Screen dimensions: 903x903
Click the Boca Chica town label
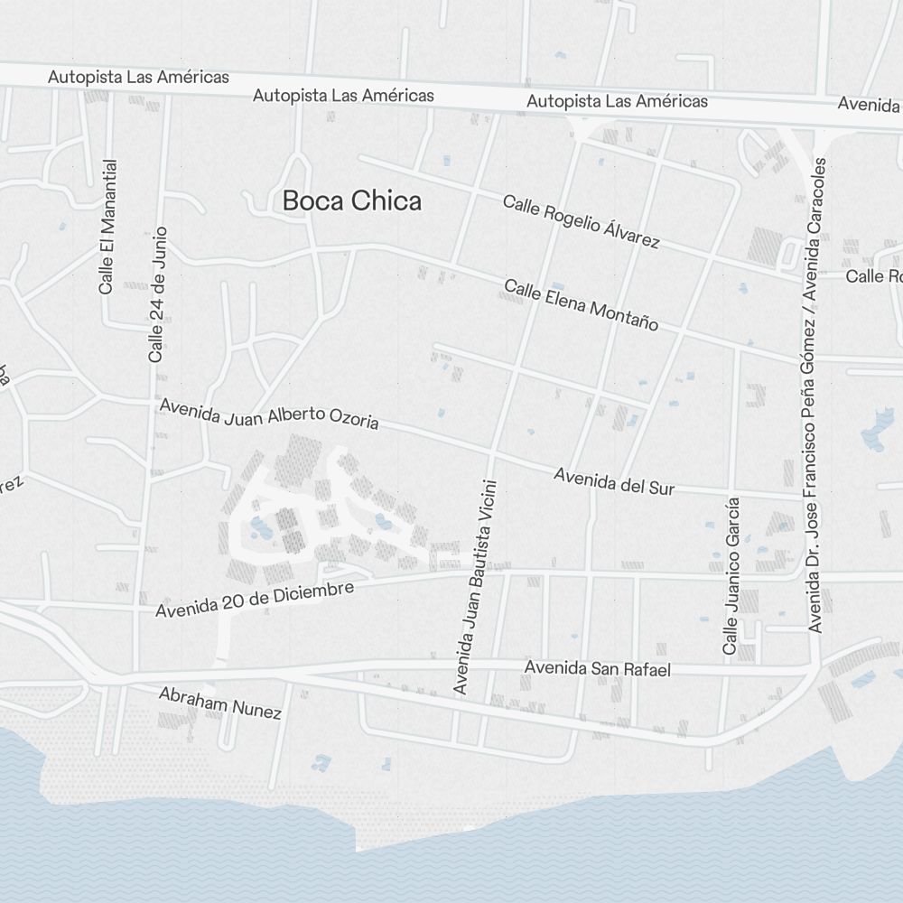click(x=351, y=200)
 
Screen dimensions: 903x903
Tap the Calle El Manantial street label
click(x=107, y=227)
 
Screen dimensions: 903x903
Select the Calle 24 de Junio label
click(x=158, y=294)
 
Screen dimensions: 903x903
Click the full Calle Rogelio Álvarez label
click(x=581, y=221)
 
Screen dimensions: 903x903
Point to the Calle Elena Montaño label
click(x=581, y=304)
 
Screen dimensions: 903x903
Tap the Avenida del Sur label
click(x=614, y=481)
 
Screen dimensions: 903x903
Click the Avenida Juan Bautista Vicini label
click(x=475, y=587)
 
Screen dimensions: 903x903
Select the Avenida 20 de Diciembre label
click(x=254, y=599)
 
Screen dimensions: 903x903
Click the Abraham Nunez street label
click(x=219, y=703)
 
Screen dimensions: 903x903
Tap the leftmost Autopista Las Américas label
click(x=138, y=78)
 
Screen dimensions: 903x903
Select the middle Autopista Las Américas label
click(x=343, y=95)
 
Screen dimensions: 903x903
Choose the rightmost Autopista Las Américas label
click(x=617, y=101)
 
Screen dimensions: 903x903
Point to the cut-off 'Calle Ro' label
click(x=874, y=275)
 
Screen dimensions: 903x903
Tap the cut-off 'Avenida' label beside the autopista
click(x=869, y=104)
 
